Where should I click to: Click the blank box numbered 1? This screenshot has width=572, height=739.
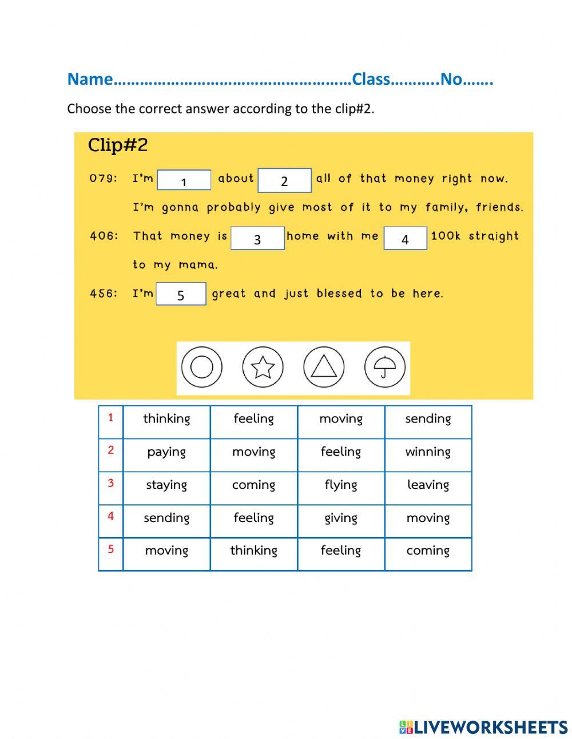click(x=184, y=180)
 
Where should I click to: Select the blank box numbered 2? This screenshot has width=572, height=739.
click(x=284, y=180)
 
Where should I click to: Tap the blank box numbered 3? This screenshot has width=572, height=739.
click(x=257, y=238)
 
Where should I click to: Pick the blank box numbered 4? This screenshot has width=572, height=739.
click(x=405, y=238)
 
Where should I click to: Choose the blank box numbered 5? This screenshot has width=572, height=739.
click(x=181, y=294)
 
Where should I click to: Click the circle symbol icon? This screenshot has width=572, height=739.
click(x=202, y=367)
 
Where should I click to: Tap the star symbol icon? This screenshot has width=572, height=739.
click(x=263, y=367)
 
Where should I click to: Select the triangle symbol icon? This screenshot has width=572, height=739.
click(x=324, y=367)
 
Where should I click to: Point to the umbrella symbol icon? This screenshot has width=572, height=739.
click(x=384, y=367)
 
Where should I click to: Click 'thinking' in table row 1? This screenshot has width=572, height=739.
click(x=166, y=419)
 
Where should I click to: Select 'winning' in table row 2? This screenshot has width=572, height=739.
click(x=428, y=452)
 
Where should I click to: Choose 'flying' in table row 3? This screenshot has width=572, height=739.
click(x=341, y=485)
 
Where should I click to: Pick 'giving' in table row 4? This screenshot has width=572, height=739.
click(x=341, y=518)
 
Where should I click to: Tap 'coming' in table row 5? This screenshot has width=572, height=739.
click(x=428, y=551)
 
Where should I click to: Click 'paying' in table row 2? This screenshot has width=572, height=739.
click(x=166, y=452)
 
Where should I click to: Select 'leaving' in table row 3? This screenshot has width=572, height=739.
click(x=428, y=485)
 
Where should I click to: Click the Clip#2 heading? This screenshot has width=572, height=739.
click(x=118, y=145)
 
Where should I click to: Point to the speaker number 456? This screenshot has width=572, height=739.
click(x=104, y=294)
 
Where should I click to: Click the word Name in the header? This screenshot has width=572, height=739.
click(x=90, y=79)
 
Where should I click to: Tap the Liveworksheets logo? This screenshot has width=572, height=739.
click(x=483, y=727)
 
